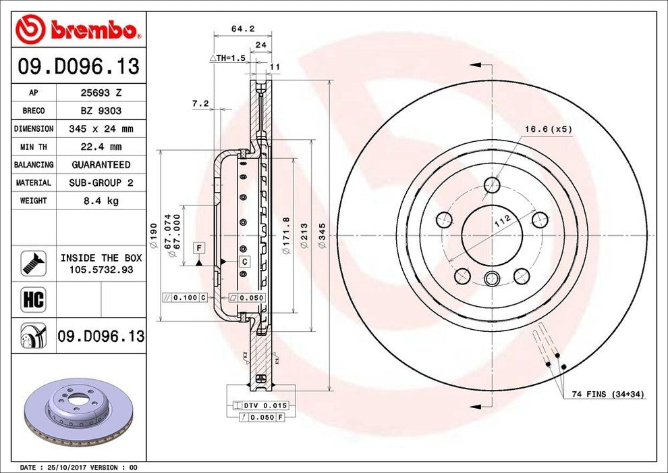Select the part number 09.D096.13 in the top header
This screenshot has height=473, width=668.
(x=78, y=66)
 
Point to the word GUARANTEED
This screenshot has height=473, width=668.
(x=101, y=164)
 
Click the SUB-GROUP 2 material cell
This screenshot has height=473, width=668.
(x=101, y=182)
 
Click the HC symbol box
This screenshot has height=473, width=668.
(x=33, y=299)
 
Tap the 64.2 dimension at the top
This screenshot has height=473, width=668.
(x=242, y=28)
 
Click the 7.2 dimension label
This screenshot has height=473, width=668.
(x=200, y=103)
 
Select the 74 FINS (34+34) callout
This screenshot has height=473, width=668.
(x=607, y=393)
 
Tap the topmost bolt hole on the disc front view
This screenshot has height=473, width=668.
(x=493, y=184)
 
